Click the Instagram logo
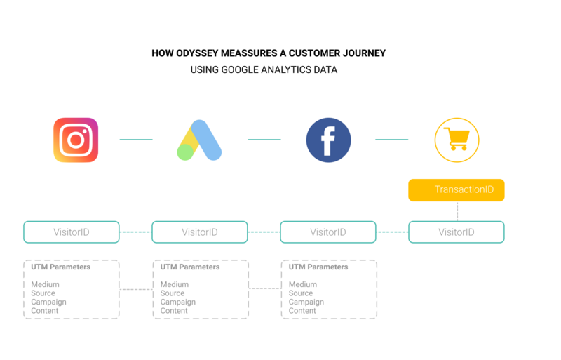click(x=76, y=140)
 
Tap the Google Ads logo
click(x=199, y=140)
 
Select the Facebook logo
click(x=328, y=140)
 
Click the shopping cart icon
click(x=457, y=140)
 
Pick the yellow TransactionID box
click(x=456, y=190)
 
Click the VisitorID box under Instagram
click(x=71, y=232)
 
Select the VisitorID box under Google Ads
click(x=199, y=232)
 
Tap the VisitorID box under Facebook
click(x=327, y=232)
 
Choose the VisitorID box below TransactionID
click(x=456, y=232)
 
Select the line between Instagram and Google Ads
click(x=136, y=140)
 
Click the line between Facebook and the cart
click(x=392, y=140)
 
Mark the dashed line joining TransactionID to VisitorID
click(x=457, y=211)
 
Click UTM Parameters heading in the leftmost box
click(x=61, y=267)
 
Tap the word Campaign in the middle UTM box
click(x=178, y=302)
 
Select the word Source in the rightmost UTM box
click(x=301, y=293)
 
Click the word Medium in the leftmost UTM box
click(x=45, y=284)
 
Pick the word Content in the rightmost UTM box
click(x=302, y=310)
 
